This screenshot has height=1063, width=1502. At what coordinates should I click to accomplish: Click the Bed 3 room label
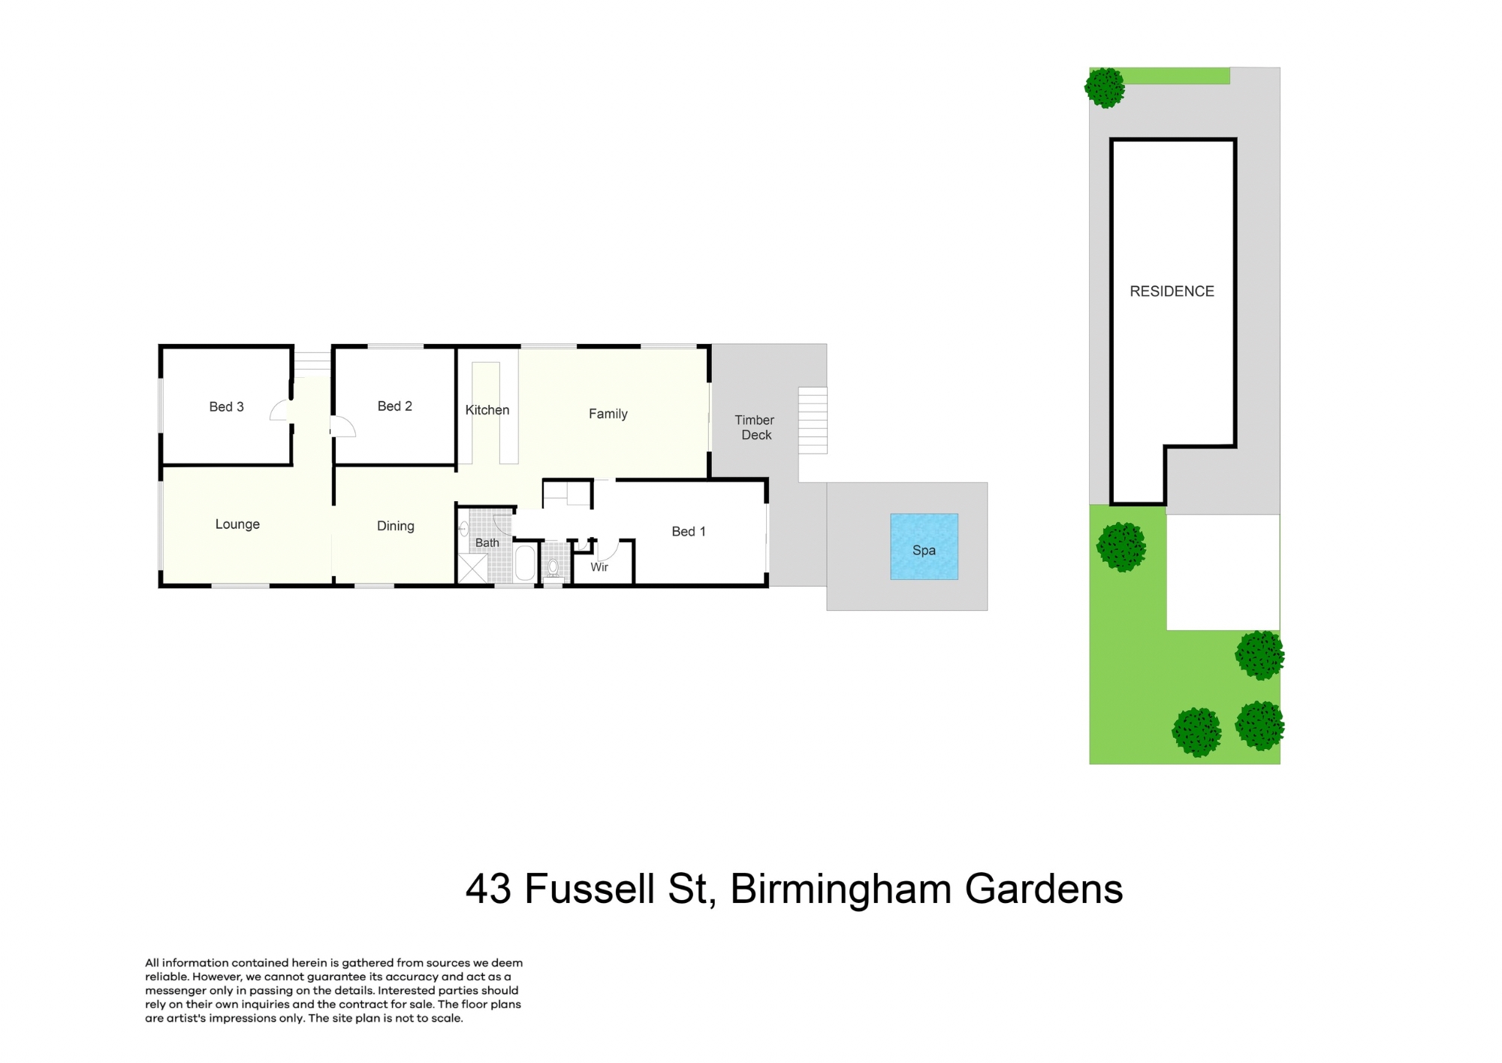(x=226, y=406)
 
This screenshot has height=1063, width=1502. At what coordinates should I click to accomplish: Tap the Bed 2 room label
(x=394, y=406)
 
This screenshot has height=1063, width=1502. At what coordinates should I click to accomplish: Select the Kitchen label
(x=487, y=409)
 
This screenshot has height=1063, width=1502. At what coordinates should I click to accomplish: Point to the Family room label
(x=608, y=413)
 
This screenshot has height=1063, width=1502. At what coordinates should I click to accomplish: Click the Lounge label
(x=237, y=524)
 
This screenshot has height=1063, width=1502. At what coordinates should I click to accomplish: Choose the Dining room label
(x=395, y=526)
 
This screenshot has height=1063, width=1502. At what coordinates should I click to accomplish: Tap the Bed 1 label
(x=688, y=531)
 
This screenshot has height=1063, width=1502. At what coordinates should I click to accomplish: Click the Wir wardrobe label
(x=599, y=566)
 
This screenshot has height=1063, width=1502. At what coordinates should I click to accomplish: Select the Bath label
(x=487, y=542)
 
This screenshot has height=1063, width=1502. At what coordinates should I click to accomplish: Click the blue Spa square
(x=924, y=546)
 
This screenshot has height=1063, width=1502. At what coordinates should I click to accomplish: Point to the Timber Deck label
(x=755, y=427)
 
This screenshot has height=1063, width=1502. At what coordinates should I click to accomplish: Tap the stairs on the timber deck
(x=812, y=420)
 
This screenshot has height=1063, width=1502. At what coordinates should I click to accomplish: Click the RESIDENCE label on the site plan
(x=1172, y=291)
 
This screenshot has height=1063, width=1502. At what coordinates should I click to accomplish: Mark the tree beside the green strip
(x=1105, y=88)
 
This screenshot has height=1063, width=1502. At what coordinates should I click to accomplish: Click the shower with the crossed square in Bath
(x=473, y=567)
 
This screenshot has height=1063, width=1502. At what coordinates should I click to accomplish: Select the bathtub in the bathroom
(x=525, y=563)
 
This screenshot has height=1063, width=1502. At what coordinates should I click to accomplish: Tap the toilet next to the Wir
(x=553, y=567)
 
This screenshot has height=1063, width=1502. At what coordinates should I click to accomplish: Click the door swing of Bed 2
(x=344, y=427)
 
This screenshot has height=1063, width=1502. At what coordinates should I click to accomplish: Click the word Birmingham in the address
(x=841, y=889)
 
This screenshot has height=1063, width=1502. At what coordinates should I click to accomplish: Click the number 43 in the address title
(x=488, y=889)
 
